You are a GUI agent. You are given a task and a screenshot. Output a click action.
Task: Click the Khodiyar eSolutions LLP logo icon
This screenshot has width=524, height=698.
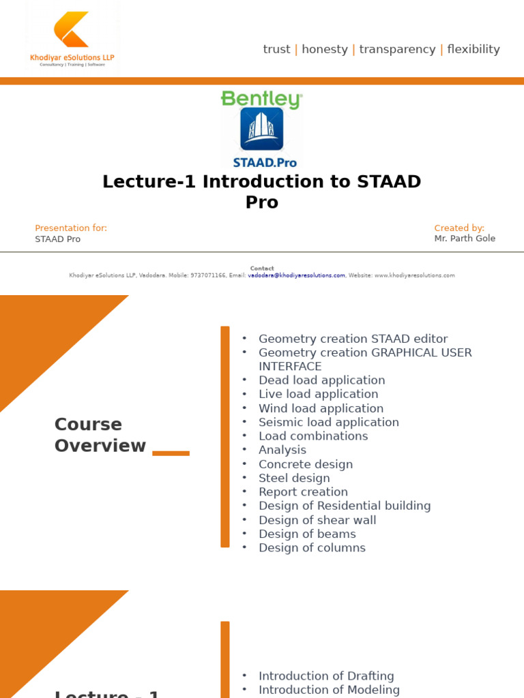72,29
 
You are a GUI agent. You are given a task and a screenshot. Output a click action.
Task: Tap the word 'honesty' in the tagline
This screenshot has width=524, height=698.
325,49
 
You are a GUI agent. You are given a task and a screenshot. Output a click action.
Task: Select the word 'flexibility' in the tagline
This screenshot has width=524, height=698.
473,49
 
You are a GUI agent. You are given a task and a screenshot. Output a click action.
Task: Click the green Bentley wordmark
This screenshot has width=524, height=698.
261,100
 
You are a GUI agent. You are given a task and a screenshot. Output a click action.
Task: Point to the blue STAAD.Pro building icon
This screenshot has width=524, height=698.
261,129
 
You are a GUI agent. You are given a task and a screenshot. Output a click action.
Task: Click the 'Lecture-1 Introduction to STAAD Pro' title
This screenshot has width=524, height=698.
261,192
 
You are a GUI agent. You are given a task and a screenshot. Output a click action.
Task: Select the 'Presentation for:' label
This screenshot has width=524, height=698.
71,228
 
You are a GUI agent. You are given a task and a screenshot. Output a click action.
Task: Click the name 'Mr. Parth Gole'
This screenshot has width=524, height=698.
465,239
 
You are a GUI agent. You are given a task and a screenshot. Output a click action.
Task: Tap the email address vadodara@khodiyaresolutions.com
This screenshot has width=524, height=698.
296,275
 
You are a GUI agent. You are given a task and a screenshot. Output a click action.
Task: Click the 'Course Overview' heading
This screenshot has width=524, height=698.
100,435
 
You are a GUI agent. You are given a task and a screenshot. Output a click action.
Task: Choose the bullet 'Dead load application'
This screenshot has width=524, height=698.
321,380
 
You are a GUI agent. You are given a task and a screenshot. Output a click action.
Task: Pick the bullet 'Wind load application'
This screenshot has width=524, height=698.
321,408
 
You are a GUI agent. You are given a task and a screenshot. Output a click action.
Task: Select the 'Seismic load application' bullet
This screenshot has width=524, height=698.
328,423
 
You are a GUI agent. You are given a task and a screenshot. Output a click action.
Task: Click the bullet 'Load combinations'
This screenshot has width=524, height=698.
313,436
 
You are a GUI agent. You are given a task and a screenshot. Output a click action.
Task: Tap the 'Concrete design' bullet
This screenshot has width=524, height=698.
306,464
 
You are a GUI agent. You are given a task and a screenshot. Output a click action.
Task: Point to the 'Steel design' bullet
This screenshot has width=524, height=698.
294,479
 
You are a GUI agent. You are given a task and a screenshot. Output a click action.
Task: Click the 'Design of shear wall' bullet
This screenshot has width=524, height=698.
317,520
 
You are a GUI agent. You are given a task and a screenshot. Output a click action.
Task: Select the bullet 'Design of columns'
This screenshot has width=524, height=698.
312,548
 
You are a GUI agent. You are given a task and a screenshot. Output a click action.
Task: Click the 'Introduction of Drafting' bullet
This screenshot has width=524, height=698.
326,676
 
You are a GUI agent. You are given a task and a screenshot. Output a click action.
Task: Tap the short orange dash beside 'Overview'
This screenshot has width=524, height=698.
171,453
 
